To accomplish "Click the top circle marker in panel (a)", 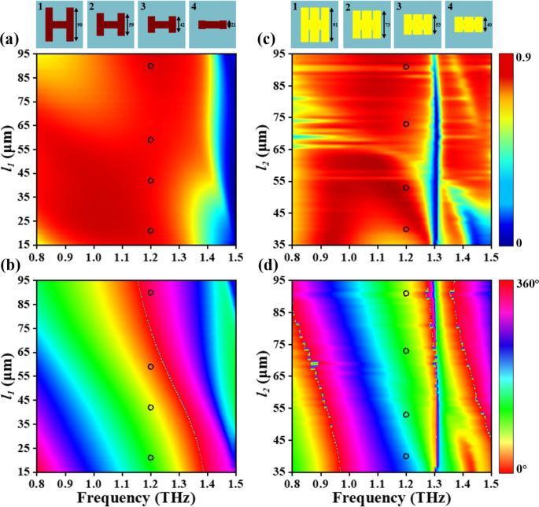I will tap(150, 66).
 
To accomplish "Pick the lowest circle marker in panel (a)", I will tap(150, 231).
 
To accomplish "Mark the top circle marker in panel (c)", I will tap(406, 67).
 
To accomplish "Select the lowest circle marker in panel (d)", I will tap(406, 456).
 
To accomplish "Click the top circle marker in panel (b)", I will tap(150, 293).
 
